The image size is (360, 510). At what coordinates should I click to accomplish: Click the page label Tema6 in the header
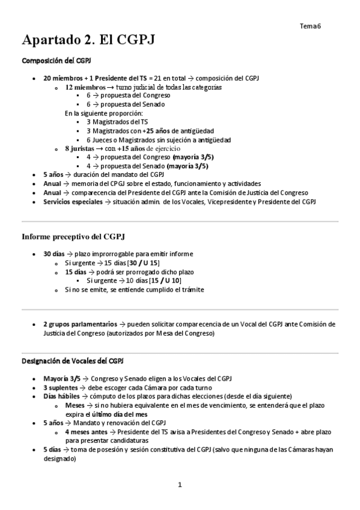click(x=310, y=26)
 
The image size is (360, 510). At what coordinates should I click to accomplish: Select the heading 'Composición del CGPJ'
click(x=56, y=61)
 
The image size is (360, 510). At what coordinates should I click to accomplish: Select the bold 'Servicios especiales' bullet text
click(x=73, y=201)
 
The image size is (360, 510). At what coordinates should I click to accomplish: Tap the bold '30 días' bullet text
click(x=55, y=254)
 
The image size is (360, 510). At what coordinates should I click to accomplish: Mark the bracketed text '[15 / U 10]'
click(x=165, y=281)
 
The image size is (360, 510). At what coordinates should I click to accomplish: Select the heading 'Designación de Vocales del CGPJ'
click(x=73, y=360)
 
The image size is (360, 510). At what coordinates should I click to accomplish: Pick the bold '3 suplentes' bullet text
click(x=61, y=388)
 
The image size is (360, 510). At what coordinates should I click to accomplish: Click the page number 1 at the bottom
click(x=180, y=484)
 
